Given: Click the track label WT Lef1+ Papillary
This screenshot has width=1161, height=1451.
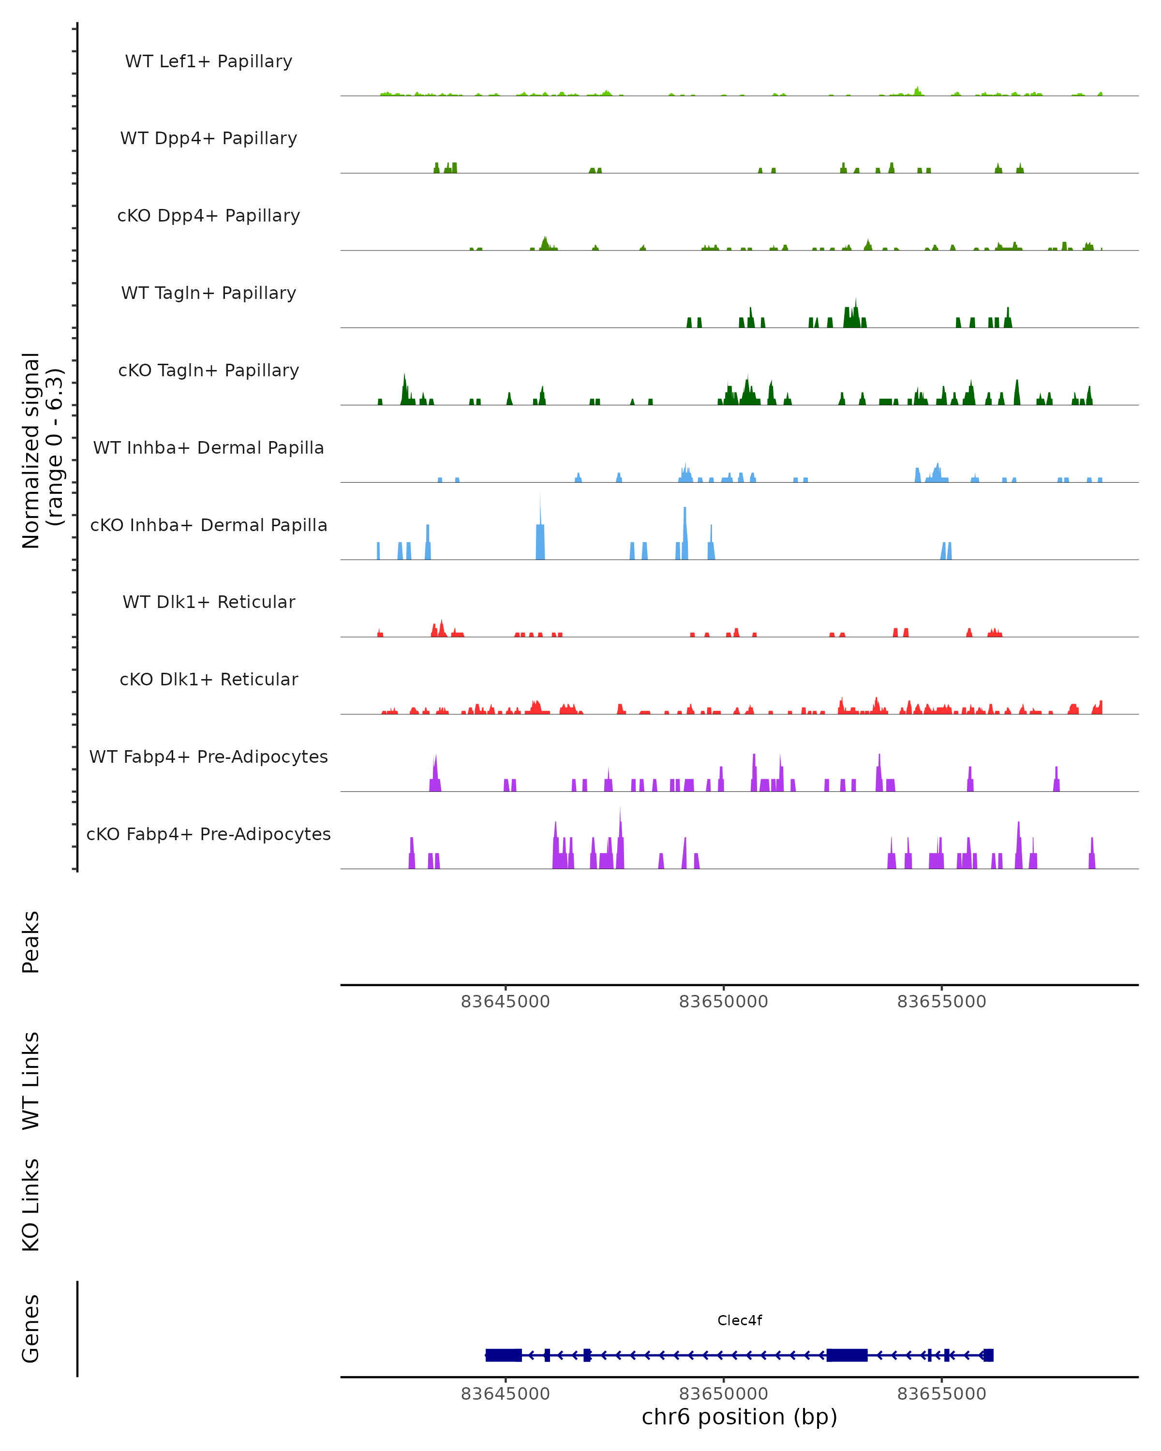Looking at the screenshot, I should (x=208, y=61).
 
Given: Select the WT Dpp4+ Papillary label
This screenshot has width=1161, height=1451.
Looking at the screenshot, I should (x=208, y=139).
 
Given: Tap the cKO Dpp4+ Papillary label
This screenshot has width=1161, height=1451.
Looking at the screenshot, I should (x=208, y=216).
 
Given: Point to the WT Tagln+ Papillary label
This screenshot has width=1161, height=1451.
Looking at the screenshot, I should (x=208, y=294).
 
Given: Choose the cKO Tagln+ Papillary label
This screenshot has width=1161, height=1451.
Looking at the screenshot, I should (x=208, y=371).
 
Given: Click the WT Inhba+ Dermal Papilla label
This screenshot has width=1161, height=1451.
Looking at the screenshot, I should (x=208, y=448).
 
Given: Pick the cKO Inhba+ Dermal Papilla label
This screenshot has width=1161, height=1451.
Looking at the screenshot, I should (x=208, y=526).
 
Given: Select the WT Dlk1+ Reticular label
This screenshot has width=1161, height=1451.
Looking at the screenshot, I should (x=208, y=602).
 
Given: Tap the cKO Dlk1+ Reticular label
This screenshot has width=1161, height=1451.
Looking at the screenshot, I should (x=208, y=680).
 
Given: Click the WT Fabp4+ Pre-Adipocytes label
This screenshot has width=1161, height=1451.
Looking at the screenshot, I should (x=208, y=757).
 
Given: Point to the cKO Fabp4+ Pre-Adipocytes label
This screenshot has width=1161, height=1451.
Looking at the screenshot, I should (x=208, y=834).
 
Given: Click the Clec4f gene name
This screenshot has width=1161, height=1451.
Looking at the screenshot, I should (x=740, y=1320).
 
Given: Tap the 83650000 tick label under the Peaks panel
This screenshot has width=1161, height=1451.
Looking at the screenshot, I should (x=724, y=1002).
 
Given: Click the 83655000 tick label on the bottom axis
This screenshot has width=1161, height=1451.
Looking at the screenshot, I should (x=941, y=1394).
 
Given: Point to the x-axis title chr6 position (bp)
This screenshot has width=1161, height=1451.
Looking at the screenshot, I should (x=740, y=1417).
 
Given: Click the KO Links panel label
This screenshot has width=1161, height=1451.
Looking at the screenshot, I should (x=31, y=1205).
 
